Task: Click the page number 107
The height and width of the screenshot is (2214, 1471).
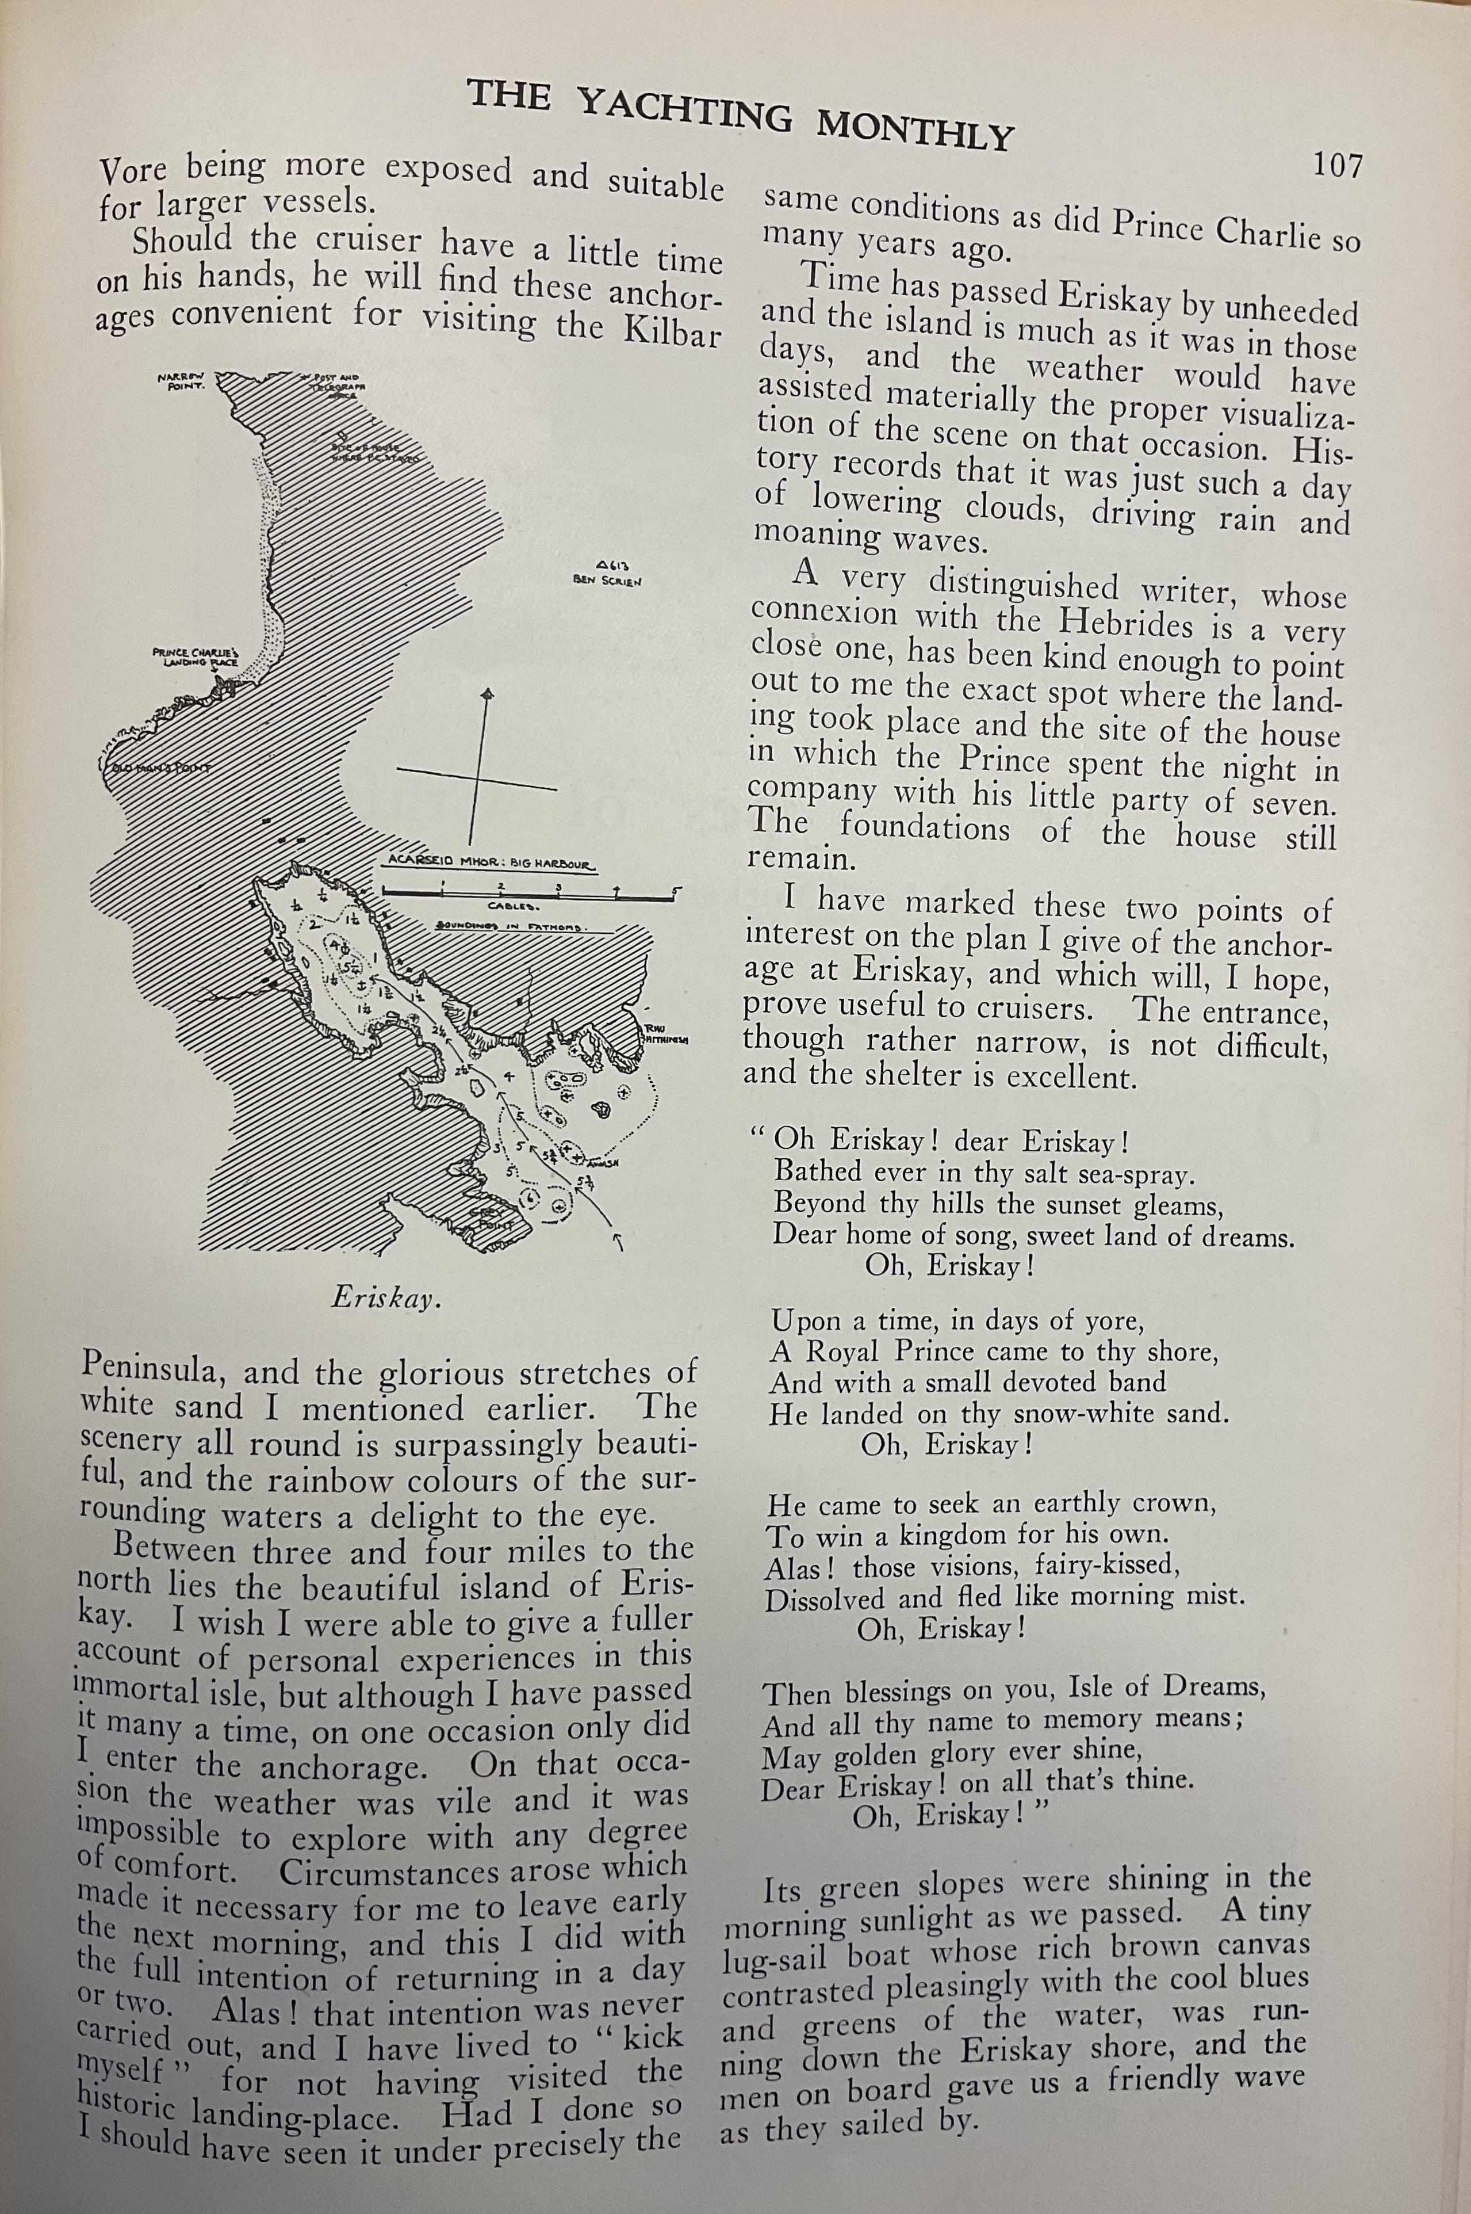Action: [x=1336, y=166]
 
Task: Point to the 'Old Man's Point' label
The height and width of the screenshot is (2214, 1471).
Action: [x=158, y=768]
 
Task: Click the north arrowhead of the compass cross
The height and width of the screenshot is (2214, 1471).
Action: [x=486, y=694]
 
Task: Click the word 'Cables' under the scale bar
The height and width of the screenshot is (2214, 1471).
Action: [x=512, y=907]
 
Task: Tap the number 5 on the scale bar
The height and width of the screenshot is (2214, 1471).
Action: [x=677, y=890]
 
